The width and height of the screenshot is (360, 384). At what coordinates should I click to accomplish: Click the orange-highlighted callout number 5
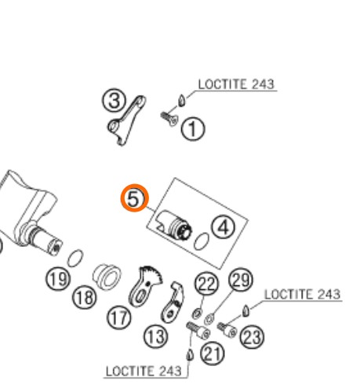[134, 197]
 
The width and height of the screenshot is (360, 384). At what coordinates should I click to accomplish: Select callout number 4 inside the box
[223, 227]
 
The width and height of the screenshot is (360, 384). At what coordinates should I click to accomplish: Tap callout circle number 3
[114, 100]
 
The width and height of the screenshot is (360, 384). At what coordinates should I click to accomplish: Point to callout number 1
[193, 129]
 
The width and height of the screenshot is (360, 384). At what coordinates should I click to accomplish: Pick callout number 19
[58, 279]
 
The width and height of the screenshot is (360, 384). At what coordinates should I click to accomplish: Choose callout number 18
[84, 298]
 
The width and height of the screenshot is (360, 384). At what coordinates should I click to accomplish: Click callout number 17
[118, 317]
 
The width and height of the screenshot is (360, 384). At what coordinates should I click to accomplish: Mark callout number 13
[155, 336]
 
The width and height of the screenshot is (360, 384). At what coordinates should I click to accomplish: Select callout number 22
[206, 284]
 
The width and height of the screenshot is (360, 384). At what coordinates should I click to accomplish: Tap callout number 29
[241, 280]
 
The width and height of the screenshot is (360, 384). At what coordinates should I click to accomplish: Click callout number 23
[252, 337]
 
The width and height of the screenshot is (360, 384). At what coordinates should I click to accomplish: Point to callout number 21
[213, 353]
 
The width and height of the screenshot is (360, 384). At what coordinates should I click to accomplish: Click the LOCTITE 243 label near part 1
[236, 85]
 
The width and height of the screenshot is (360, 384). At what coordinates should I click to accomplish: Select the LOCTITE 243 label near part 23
[302, 295]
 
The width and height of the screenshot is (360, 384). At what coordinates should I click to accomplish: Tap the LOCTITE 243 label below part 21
[144, 371]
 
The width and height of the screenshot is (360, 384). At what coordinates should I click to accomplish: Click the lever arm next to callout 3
[126, 120]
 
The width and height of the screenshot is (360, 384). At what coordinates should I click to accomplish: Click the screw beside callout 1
[169, 119]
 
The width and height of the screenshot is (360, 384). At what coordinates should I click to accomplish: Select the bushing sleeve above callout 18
[107, 277]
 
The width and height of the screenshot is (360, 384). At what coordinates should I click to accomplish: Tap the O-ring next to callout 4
[202, 241]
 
